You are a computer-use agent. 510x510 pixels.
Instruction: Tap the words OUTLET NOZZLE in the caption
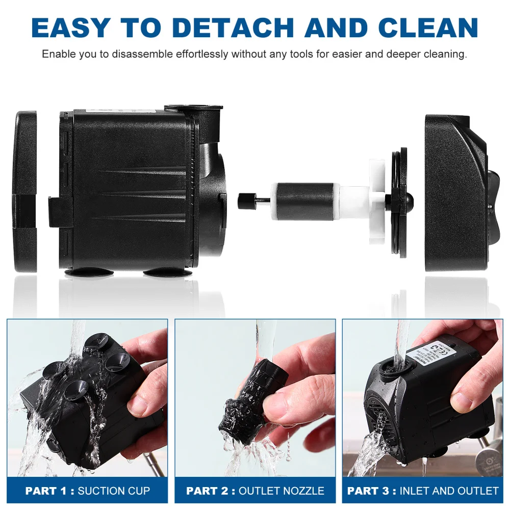tap(282, 491)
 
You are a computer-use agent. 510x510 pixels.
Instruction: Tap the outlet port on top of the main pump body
tap(194, 110)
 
